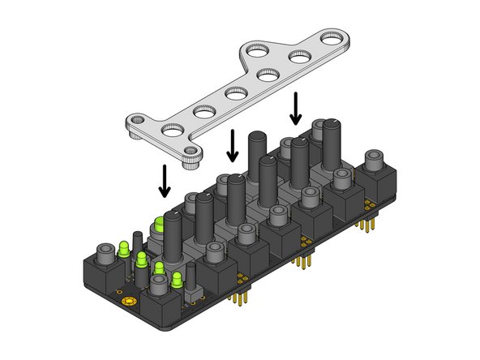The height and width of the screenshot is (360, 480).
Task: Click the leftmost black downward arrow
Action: click(165, 181)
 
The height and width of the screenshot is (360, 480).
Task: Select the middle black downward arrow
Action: click(233, 145)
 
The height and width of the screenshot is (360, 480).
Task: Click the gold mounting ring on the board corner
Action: click(127, 302)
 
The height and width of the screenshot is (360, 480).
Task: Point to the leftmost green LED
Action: click(124, 249)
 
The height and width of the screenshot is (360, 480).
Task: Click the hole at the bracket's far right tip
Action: click(332, 37)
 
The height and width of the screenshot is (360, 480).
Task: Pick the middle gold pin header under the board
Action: click(305, 263)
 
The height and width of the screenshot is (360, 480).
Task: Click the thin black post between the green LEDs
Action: click(137, 242)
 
